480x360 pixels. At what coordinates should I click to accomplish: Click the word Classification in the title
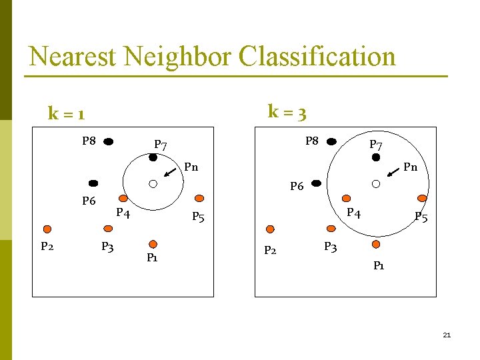coord(317,57)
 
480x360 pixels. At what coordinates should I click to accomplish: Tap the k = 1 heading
coord(66,113)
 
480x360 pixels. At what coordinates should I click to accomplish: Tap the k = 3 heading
coord(287,111)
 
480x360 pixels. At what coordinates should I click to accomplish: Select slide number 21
coord(447,335)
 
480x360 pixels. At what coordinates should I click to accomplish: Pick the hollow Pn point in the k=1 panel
coord(153,183)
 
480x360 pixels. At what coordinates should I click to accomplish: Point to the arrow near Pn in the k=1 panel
coord(170,173)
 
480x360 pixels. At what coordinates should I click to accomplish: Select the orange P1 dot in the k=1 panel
coord(153,244)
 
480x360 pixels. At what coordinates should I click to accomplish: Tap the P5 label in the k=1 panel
coord(198,217)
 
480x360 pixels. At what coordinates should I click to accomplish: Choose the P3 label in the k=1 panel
coord(107,247)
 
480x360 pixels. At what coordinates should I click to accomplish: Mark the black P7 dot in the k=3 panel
coord(375,157)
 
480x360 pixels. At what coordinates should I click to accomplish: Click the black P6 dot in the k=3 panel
coord(316,183)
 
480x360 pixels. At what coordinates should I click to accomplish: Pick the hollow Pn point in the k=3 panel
coord(375,183)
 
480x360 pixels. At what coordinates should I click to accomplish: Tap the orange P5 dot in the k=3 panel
coord(421,198)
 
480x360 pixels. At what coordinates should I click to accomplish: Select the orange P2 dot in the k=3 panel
coord(270,229)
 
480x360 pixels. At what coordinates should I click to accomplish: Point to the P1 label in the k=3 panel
coord(379,265)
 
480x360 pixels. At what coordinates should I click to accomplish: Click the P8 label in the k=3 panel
coord(313,141)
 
